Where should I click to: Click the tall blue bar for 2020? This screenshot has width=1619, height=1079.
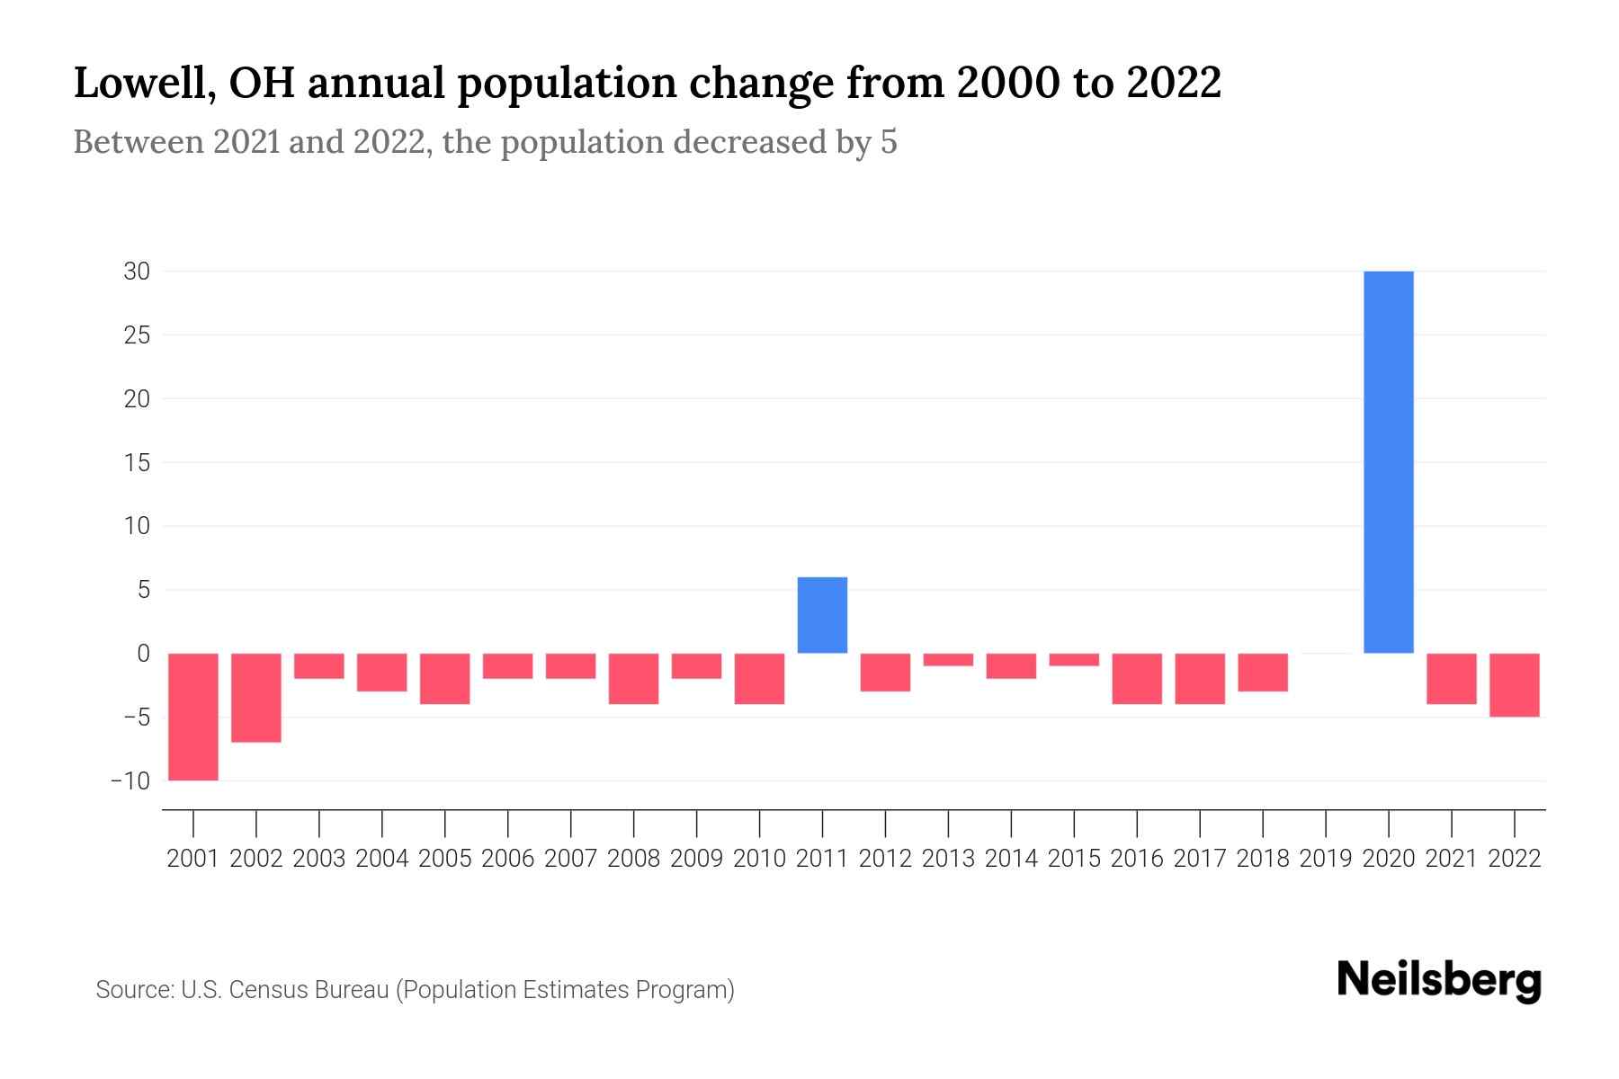[x=1388, y=461]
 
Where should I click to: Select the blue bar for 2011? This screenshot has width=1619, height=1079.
[x=822, y=615]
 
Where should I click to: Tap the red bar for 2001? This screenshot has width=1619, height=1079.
[x=193, y=717]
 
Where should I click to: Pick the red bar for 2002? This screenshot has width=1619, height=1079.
[x=256, y=698]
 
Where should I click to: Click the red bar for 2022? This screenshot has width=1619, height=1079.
[x=1514, y=685]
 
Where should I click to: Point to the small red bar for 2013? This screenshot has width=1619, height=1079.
[x=948, y=660]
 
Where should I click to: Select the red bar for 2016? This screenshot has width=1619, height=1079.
[x=1137, y=679]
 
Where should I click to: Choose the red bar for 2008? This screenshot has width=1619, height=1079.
[x=633, y=679]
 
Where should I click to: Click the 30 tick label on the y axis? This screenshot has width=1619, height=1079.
[x=137, y=272]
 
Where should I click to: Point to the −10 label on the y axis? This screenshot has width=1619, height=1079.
[x=130, y=780]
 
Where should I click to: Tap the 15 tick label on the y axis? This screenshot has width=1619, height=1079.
[x=137, y=463]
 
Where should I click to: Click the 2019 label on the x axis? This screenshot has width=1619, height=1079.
[x=1325, y=859]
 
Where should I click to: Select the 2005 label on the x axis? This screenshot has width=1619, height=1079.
[x=444, y=859]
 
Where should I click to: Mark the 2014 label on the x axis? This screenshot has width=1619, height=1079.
[x=1011, y=859]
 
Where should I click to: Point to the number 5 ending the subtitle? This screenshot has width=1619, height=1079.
[x=889, y=142]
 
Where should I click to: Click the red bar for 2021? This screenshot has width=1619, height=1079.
[x=1451, y=679]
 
